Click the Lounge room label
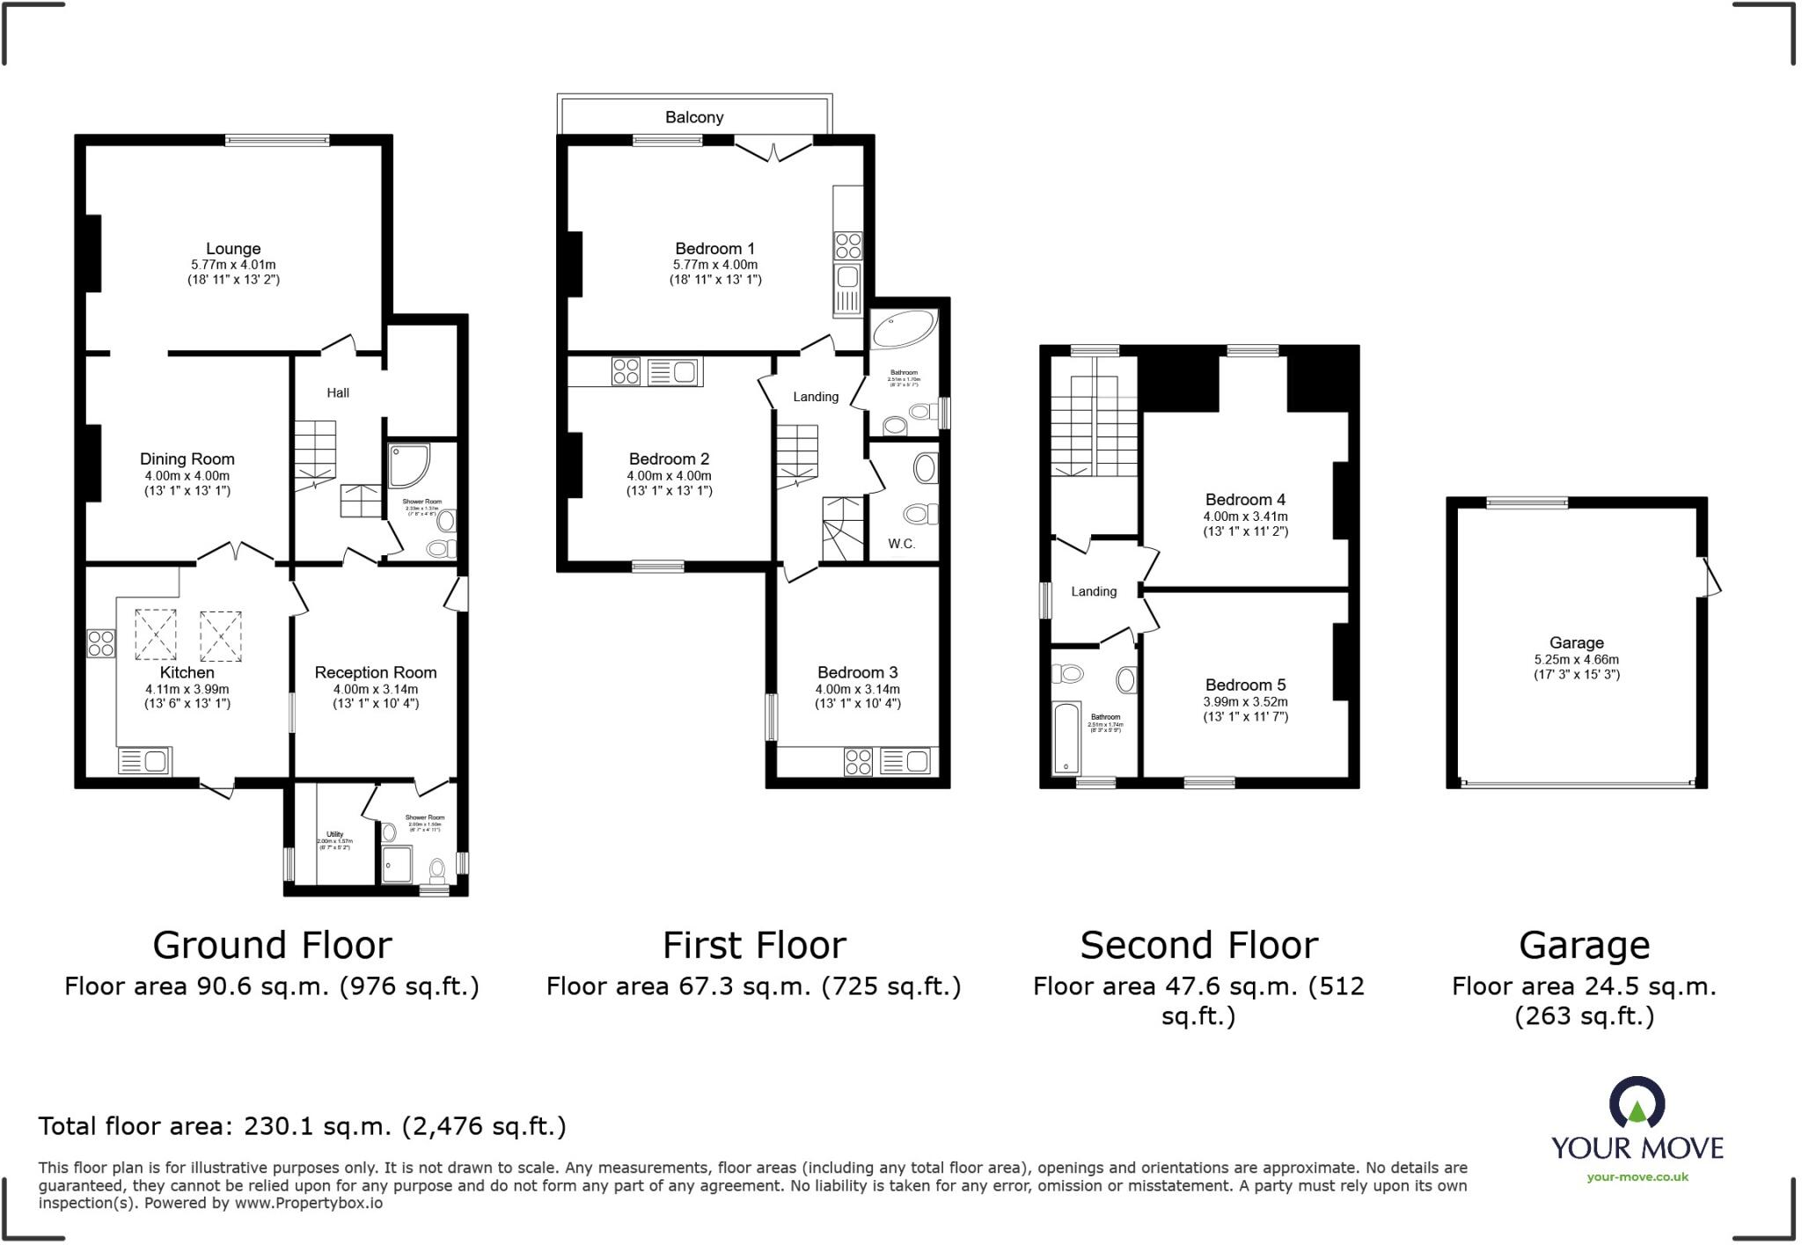(x=233, y=249)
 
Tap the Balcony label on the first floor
(x=694, y=117)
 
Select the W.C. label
(x=901, y=544)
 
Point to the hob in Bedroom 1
(x=848, y=245)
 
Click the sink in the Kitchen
(x=144, y=761)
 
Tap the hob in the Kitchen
(x=100, y=643)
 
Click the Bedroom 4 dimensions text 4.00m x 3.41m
(x=1245, y=516)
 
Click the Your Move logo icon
(x=1637, y=1102)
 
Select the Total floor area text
(x=302, y=1126)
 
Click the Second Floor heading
(x=1198, y=946)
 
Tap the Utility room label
(x=334, y=834)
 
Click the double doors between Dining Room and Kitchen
(x=235, y=553)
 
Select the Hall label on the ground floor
(x=338, y=393)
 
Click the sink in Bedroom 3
(x=905, y=761)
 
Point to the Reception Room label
(x=376, y=672)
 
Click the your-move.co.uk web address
(x=1637, y=1177)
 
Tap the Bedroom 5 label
(x=1245, y=685)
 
